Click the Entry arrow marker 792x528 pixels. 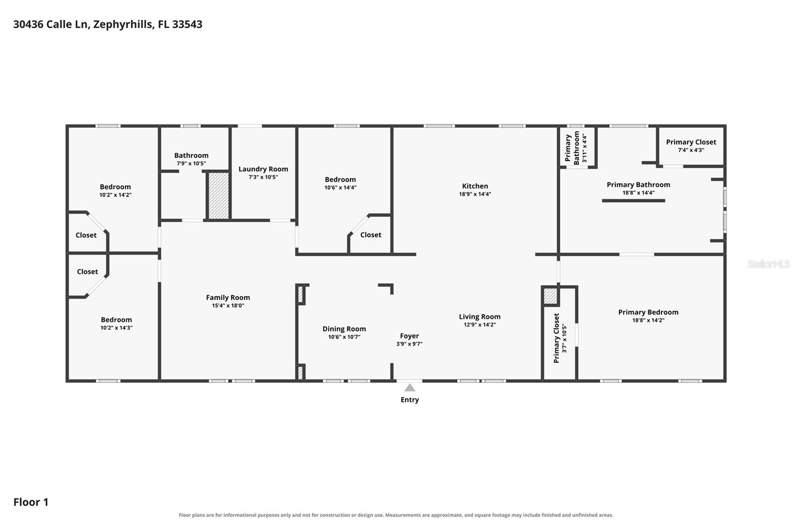pos(409,387)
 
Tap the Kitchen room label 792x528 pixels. pos(475,186)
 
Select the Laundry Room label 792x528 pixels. pos(263,169)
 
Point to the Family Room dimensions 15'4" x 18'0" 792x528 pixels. pos(228,306)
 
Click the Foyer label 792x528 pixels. pos(409,336)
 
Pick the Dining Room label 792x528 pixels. pos(344,329)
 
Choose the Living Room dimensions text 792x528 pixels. pos(480,324)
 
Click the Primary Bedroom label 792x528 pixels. pos(648,312)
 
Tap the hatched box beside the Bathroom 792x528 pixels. pos(218,196)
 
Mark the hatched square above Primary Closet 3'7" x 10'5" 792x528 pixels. pos(550,296)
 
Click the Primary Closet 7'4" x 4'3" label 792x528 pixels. pos(691,142)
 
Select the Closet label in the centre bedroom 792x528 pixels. pos(371,235)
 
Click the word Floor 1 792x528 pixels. pos(31,502)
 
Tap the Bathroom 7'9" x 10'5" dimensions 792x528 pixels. pos(191,163)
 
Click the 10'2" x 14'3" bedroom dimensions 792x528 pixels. pos(116,328)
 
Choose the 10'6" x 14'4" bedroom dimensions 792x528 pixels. pos(341,188)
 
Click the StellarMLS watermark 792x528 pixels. pos(768,264)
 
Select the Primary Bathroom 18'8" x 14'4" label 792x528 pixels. pos(639,188)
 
